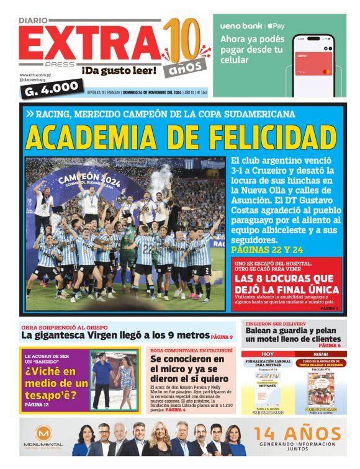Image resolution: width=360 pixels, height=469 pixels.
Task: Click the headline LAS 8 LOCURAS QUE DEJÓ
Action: pyautogui.click(x=287, y=284)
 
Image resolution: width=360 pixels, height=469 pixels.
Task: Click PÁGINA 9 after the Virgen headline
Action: pyautogui.click(x=221, y=337)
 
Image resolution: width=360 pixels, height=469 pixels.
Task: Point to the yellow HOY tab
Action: pyautogui.click(x=267, y=354)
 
